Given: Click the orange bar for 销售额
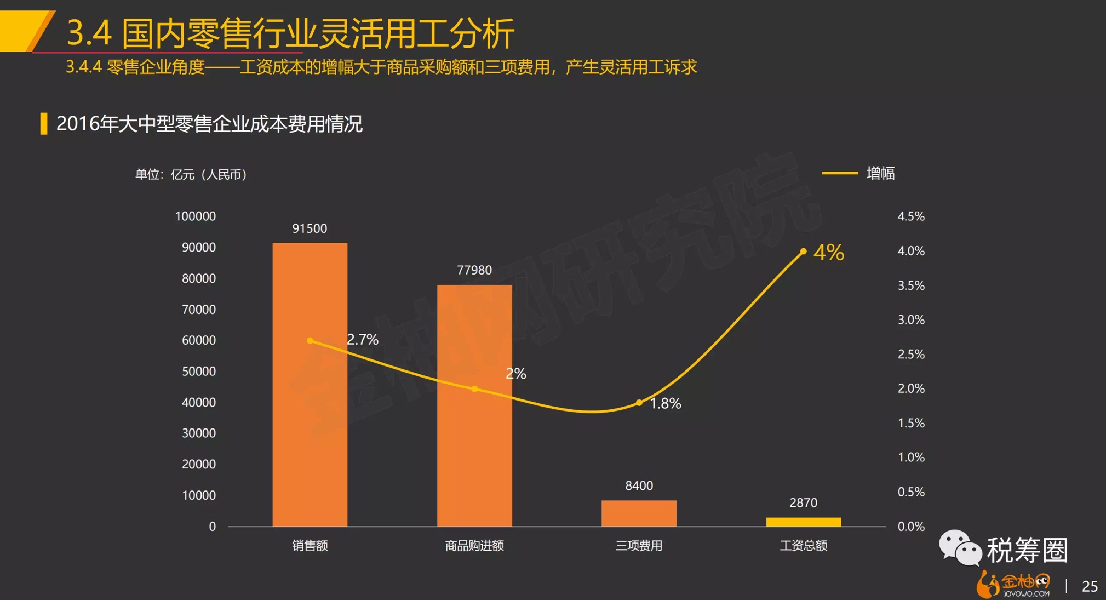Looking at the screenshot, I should tap(310, 384).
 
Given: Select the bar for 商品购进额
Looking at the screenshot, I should tap(474, 405).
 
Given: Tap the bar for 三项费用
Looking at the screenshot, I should tap(639, 513).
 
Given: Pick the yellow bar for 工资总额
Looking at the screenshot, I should tap(803, 522).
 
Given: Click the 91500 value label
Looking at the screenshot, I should tap(310, 228).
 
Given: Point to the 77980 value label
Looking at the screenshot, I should tap(474, 270).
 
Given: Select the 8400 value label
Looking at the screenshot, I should tap(639, 485).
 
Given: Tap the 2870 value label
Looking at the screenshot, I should tap(803, 503).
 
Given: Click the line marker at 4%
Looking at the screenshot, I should tap(803, 252).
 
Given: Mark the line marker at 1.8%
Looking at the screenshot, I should tap(639, 403).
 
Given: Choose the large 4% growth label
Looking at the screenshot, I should tap(829, 253).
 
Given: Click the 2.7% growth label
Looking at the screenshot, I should tap(363, 340).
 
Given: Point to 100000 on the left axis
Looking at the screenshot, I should tap(195, 216).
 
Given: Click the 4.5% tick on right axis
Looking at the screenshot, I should tap(910, 216).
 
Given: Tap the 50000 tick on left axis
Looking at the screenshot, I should tap(198, 372).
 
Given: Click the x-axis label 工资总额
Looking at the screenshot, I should tap(803, 546).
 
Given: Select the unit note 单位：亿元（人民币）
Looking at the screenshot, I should tap(191, 175).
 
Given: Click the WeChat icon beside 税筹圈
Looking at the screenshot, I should tap(960, 547).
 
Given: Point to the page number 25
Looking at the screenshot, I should tap(1090, 586).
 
